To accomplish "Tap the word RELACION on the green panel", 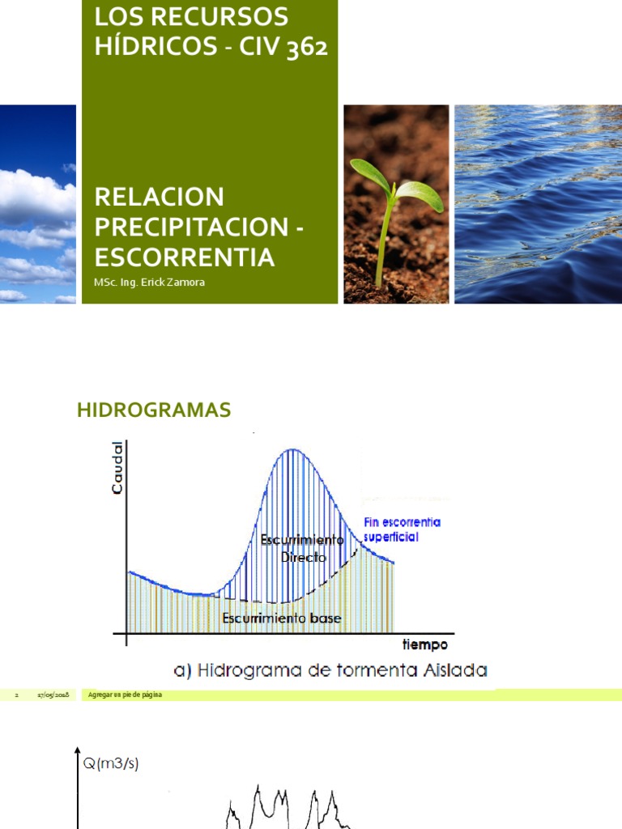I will [159, 197].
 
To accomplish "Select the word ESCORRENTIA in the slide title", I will [185, 257].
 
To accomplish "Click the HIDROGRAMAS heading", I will [154, 410].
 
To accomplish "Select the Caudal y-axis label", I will [118, 469].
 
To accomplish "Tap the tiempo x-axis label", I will [425, 644].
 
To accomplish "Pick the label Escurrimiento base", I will [282, 619].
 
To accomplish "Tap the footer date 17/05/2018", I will [53, 695].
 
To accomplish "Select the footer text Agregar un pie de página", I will [125, 695].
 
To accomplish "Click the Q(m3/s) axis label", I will [111, 764].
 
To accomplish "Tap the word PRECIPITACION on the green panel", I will [192, 227].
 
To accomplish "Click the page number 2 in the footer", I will [17, 695].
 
